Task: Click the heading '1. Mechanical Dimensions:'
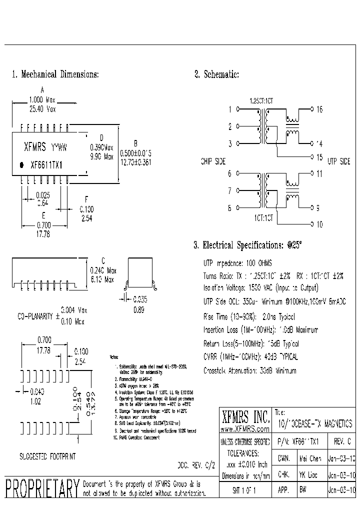point(55,74)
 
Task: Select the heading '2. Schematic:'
point(216,74)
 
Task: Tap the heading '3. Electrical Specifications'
point(247,245)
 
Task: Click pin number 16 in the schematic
point(319,109)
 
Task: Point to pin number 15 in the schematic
point(319,157)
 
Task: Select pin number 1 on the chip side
point(230,109)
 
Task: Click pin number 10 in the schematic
point(319,224)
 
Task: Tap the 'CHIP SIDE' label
point(213,161)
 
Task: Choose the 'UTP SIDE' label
point(338,161)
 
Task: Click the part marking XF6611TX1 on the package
point(46,165)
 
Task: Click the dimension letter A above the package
point(42,89)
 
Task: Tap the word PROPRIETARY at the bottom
point(42,488)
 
